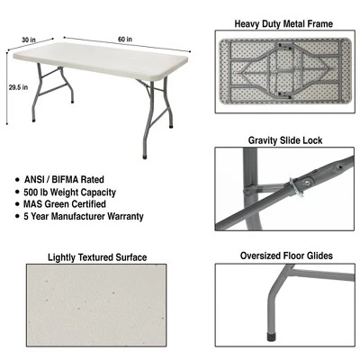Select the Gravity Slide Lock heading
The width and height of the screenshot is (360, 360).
coord(284,140)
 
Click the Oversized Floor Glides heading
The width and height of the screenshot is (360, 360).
coord(284,256)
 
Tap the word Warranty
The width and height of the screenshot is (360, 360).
coord(126,217)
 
